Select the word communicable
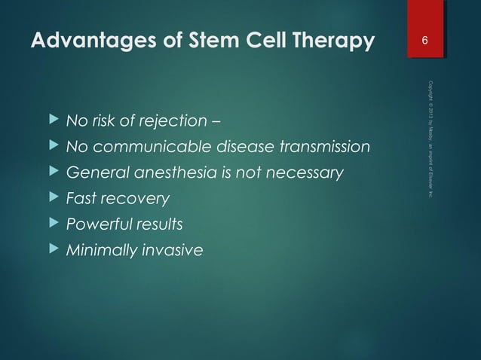tap(140, 147)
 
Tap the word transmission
tap(327, 147)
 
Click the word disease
tap(240, 147)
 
